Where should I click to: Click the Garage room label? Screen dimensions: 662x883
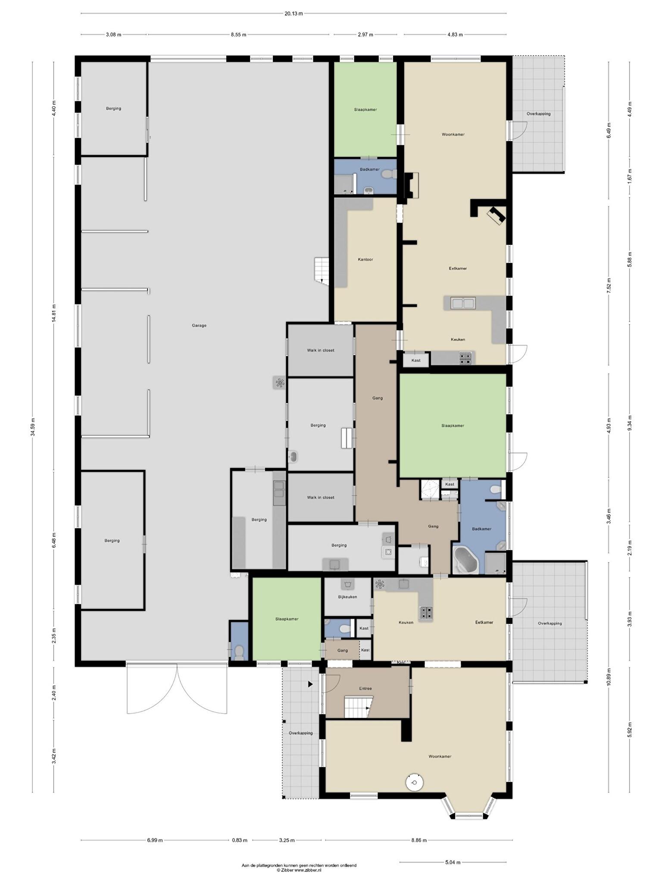(199, 326)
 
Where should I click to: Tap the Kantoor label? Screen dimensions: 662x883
(365, 260)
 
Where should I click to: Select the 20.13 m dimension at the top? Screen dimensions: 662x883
(294, 13)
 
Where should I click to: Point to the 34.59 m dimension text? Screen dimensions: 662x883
(33, 427)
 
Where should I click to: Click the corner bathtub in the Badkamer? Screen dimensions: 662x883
(465, 560)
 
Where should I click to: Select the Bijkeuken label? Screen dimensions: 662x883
(347, 597)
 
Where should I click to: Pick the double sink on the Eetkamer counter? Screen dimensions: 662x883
(463, 303)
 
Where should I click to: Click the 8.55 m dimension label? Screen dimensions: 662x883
(238, 35)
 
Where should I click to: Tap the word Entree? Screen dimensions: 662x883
(365, 689)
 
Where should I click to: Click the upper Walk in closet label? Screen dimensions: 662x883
(321, 351)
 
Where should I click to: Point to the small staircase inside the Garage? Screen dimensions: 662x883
(322, 271)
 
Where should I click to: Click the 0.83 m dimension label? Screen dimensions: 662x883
(240, 840)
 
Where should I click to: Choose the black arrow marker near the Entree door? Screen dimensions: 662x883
(310, 684)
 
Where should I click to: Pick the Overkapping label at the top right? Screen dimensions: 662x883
(538, 114)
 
